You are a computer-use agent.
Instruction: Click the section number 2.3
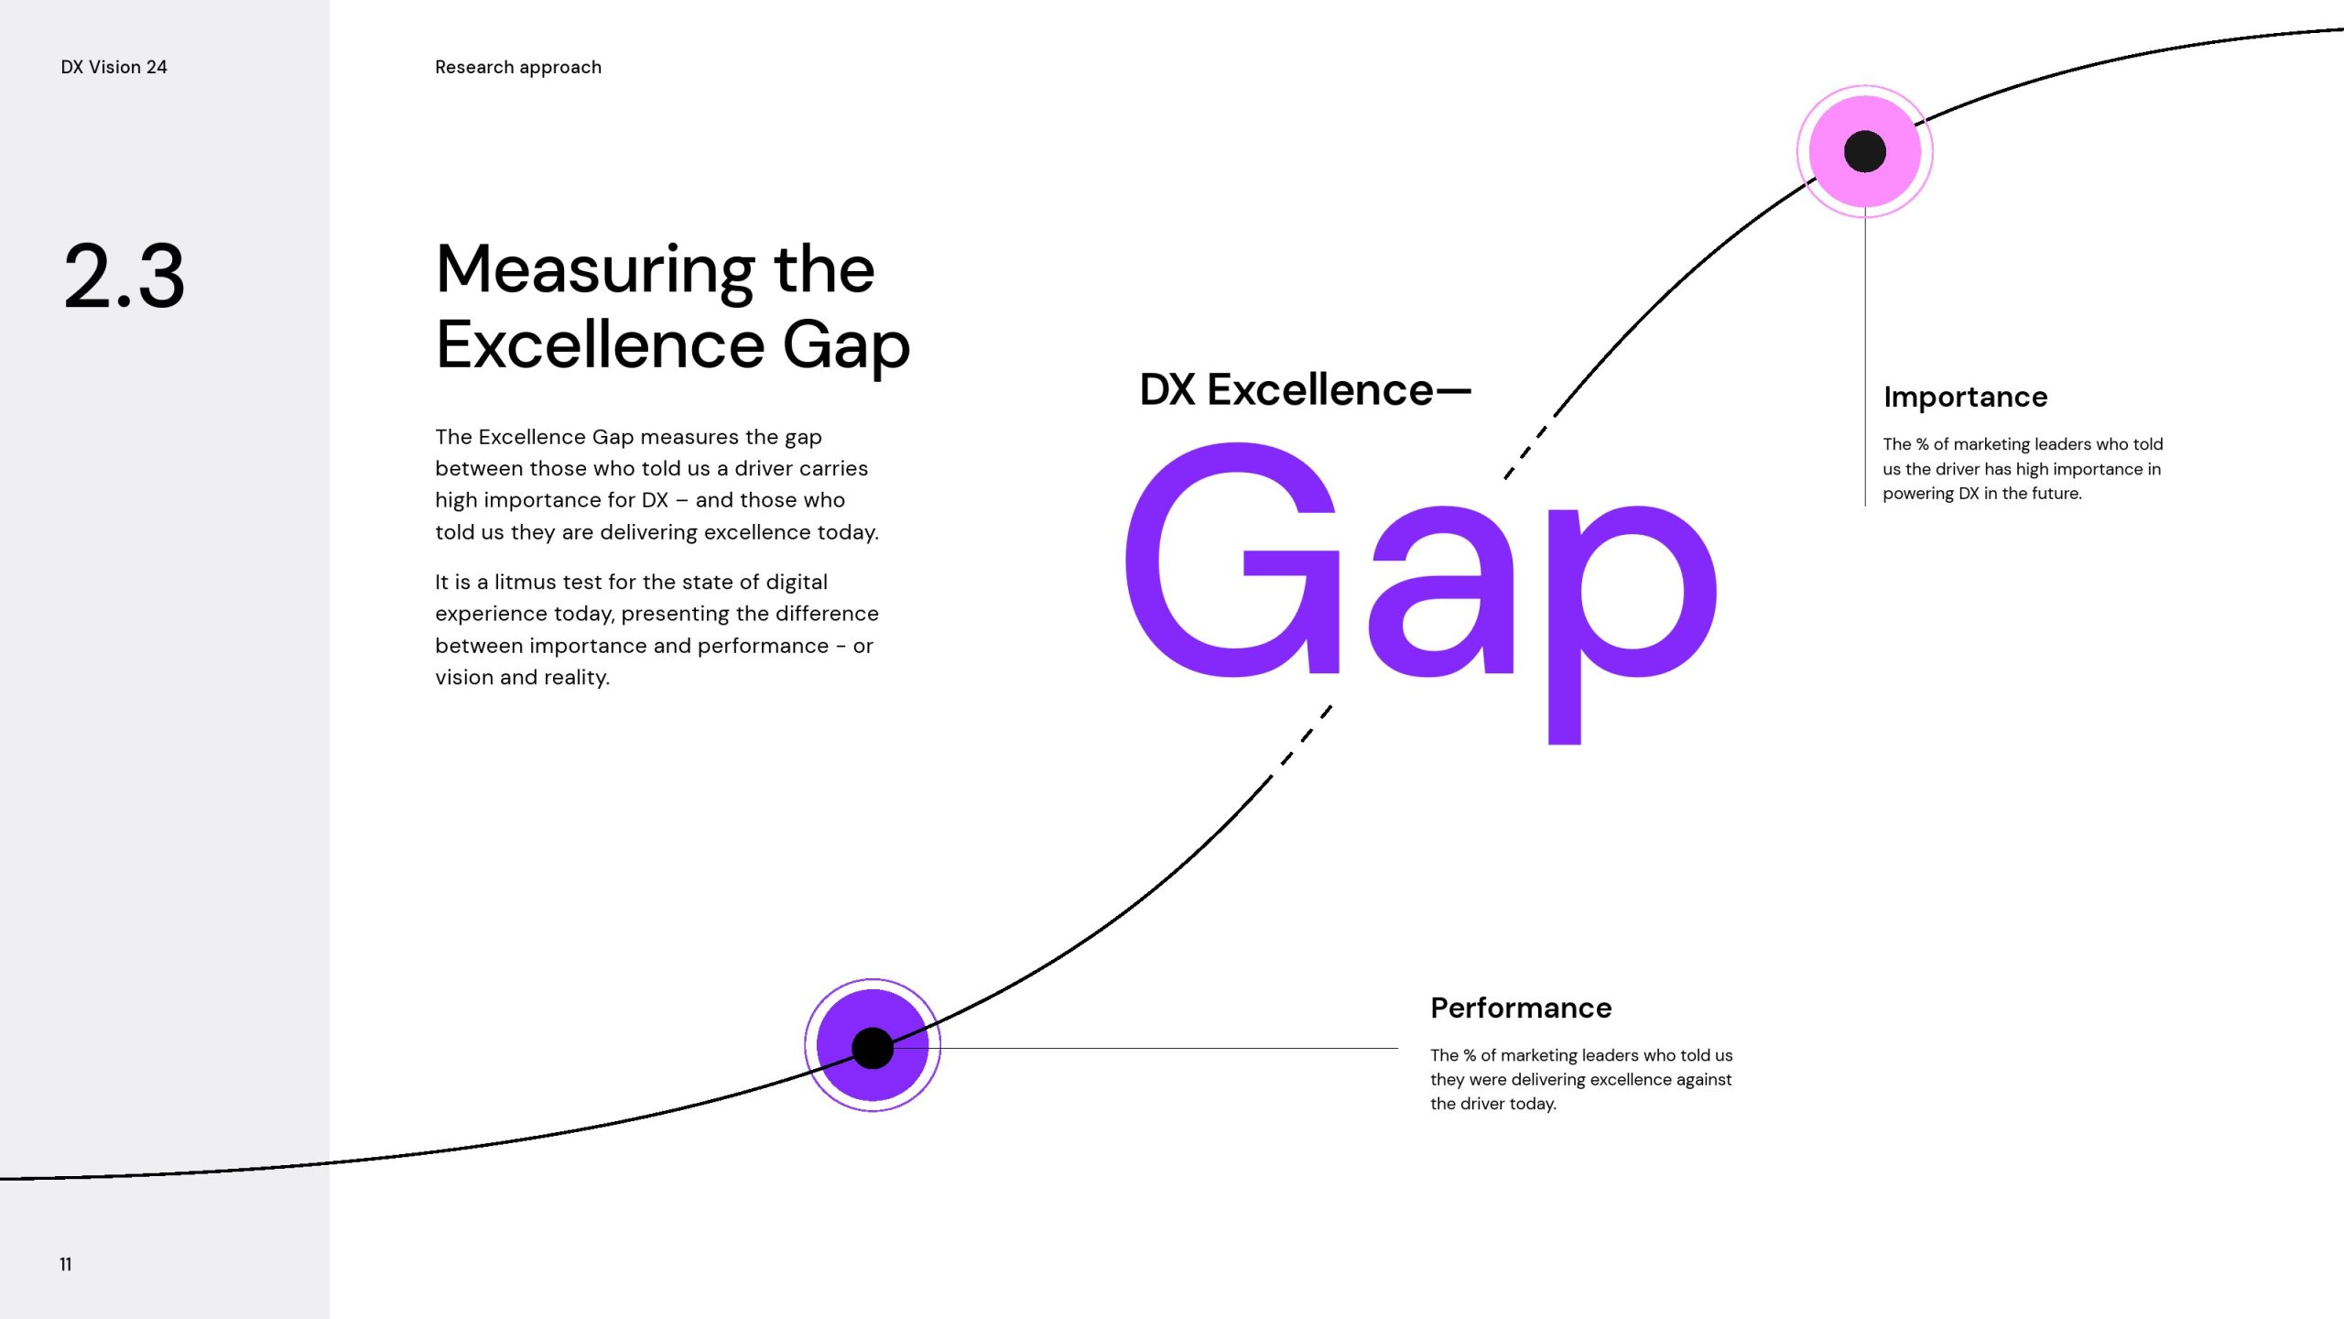[125, 276]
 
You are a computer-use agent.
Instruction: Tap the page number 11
[65, 1264]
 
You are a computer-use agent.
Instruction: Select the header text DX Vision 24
[114, 67]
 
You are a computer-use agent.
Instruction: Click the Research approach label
[518, 67]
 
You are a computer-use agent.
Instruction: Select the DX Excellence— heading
[1305, 389]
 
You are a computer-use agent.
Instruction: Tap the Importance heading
[1965, 397]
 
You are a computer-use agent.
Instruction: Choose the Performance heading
[1521, 1008]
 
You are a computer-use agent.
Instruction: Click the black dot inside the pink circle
[1865, 151]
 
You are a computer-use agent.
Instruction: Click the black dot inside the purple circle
[873, 1048]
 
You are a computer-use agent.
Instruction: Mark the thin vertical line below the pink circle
[1865, 357]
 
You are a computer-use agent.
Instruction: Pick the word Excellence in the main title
[601, 345]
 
